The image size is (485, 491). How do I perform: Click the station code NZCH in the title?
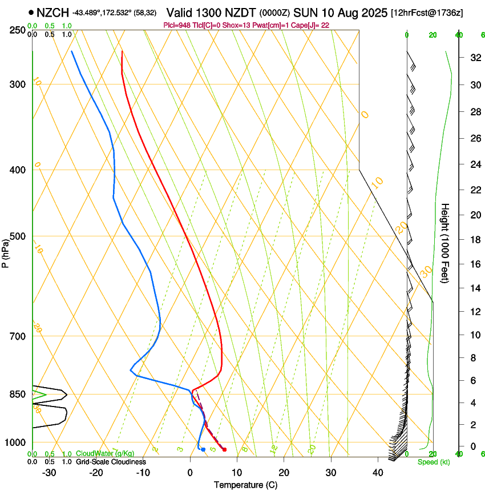coord(52,12)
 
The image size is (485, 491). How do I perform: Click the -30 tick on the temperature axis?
coord(49,473)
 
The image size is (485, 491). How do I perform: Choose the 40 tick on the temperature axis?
coord(377,473)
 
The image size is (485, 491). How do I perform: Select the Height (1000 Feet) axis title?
coord(445,243)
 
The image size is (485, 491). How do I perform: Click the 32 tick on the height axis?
coord(474,58)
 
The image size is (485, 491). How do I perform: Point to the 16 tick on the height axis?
coord(474,264)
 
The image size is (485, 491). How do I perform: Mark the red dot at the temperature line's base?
coord(224,449)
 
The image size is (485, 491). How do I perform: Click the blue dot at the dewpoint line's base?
coord(203,449)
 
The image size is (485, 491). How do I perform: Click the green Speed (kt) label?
coord(433,462)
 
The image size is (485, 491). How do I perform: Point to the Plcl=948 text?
coord(177,25)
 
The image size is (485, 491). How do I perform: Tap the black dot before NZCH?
coord(31,12)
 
